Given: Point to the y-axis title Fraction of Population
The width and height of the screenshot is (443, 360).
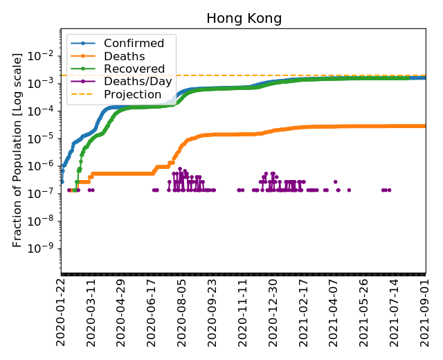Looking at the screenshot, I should pos(17,149).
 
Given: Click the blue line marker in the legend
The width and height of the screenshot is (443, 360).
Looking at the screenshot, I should pos(81,44).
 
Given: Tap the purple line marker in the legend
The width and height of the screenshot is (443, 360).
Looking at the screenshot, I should pos(81,81).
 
